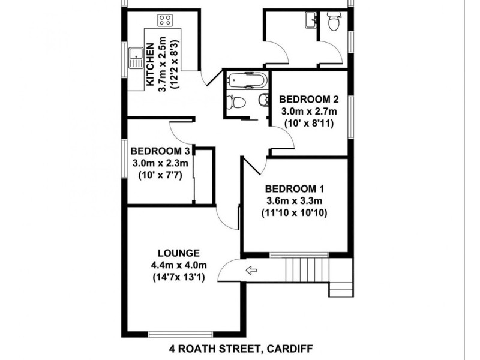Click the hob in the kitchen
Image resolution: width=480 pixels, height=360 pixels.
pos(165,21)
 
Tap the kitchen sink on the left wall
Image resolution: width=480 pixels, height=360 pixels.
pos(134,58)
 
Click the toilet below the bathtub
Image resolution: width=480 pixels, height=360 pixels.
pos(236,102)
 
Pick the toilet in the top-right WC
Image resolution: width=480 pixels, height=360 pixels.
pos(334,22)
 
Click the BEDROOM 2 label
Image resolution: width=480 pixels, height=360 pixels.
pos(305,100)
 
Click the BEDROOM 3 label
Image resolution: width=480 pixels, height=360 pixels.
pos(160,151)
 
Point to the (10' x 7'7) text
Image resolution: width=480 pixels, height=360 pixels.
pos(160,175)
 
